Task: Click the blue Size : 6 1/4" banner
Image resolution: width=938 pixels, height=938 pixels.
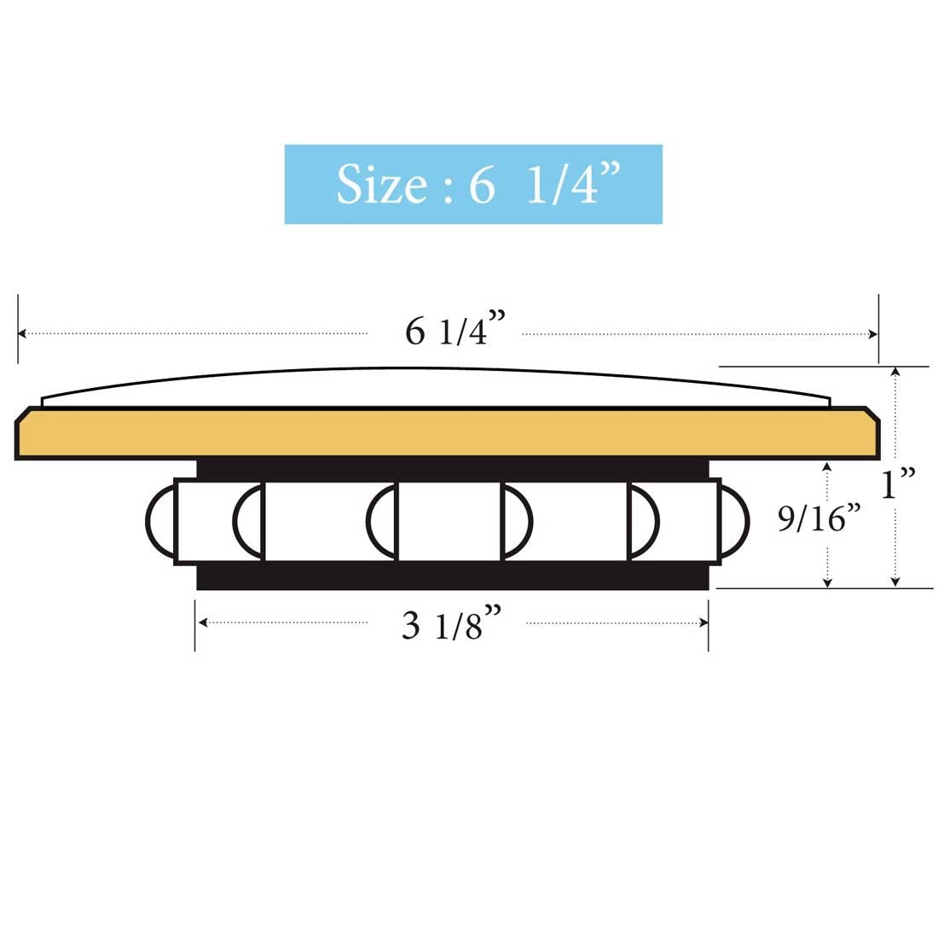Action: pyautogui.click(x=473, y=184)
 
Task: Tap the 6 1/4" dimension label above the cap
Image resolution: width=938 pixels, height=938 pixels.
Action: pyautogui.click(x=455, y=328)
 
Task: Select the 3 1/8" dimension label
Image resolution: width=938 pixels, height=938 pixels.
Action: pyautogui.click(x=452, y=623)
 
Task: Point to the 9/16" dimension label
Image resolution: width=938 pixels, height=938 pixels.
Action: pyautogui.click(x=819, y=518)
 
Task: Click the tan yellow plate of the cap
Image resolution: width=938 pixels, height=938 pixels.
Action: pyautogui.click(x=448, y=433)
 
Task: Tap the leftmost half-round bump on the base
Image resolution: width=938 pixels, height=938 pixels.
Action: pyautogui.click(x=161, y=521)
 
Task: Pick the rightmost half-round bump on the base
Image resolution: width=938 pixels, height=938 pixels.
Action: pyautogui.click(x=733, y=521)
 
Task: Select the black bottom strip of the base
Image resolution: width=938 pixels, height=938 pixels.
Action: pyautogui.click(x=452, y=576)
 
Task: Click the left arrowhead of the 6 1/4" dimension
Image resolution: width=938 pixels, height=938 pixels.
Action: pyautogui.click(x=22, y=333)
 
